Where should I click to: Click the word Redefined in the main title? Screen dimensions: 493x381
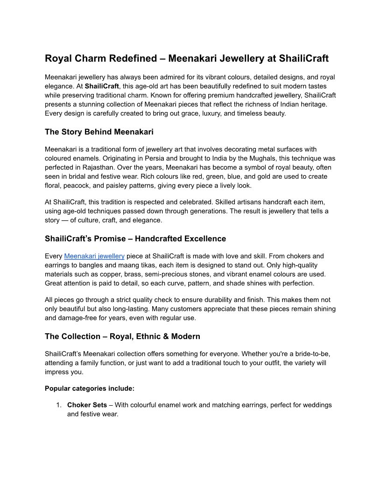135,58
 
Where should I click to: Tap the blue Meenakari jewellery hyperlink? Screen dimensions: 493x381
94,256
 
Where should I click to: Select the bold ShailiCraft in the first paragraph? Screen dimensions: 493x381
102,86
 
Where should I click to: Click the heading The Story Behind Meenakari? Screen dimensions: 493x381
99,132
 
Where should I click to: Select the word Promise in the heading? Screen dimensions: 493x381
109,239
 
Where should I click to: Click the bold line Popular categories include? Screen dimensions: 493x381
90,388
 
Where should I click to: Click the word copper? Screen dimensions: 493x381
104,274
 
